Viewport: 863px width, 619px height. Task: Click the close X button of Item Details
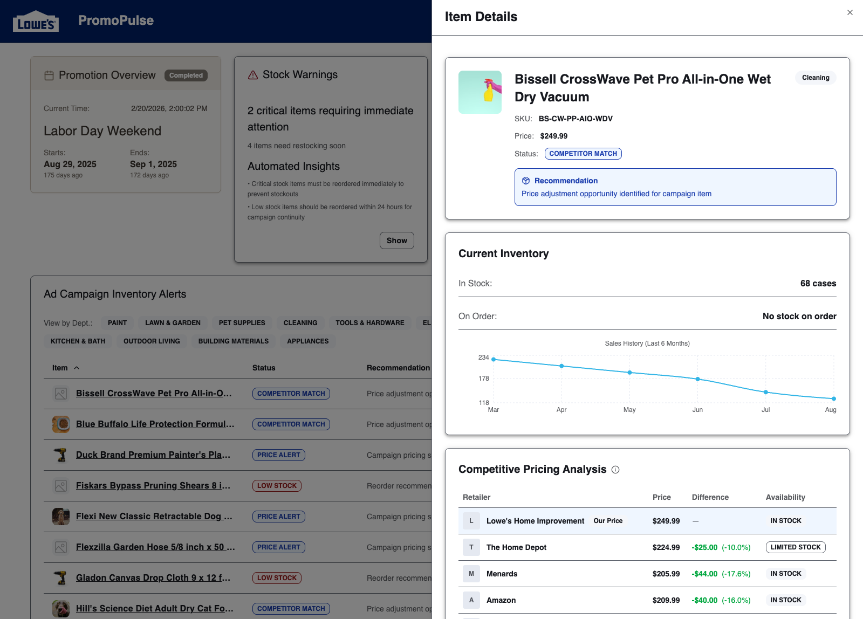click(850, 12)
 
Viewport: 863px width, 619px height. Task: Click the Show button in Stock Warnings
click(396, 240)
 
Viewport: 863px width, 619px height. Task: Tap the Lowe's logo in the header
click(36, 22)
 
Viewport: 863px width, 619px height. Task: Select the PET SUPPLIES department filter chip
click(242, 323)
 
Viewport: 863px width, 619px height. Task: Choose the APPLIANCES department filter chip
click(307, 341)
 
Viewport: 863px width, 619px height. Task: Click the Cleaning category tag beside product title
click(815, 78)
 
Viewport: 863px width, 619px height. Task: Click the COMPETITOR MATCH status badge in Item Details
click(583, 154)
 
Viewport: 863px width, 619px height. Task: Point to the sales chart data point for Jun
click(697, 379)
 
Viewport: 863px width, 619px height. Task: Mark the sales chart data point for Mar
click(494, 359)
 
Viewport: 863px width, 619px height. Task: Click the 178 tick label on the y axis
click(484, 379)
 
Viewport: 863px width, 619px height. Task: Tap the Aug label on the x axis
click(830, 410)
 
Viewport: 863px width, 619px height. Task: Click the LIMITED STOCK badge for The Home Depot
click(795, 547)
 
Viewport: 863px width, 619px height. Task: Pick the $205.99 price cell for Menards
click(666, 574)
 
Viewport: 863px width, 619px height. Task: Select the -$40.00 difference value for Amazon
click(705, 600)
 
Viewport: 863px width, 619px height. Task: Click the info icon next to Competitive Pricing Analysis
click(615, 470)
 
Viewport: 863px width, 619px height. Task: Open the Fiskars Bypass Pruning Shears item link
click(153, 485)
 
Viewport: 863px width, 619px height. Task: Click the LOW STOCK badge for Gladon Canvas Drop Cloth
click(277, 578)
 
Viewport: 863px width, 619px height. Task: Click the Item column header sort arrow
click(77, 368)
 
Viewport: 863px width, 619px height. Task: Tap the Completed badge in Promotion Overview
click(186, 75)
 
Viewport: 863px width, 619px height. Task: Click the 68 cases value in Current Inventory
click(818, 284)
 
